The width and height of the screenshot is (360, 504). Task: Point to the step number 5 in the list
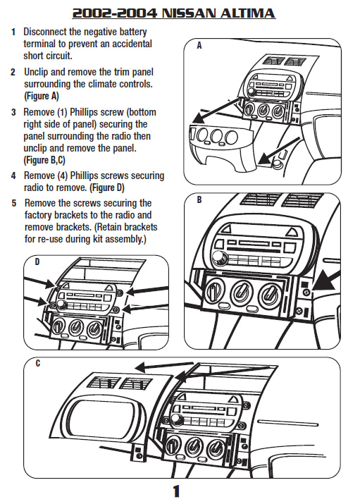coord(13,203)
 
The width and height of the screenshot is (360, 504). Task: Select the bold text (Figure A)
coord(42,95)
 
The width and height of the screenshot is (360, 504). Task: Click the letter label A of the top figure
coord(199,46)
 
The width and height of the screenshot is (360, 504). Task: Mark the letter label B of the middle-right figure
coord(199,200)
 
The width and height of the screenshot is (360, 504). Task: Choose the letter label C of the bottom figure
coord(37,364)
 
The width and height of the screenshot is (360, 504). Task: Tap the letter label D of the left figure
coord(37,263)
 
